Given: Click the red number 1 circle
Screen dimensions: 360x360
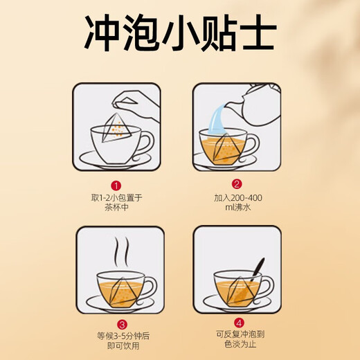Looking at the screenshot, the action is pos(116,186).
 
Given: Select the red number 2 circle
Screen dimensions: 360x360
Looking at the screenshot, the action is pos(237,184).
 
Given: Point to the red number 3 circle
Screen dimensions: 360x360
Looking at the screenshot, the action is pos(122,325).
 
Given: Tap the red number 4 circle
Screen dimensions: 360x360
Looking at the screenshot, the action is pos(239,323).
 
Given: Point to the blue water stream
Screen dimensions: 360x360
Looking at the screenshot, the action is pos(217,119).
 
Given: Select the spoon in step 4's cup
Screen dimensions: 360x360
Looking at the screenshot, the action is pos(257,269).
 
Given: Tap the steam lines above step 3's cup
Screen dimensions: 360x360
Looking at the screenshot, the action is pos(122,252).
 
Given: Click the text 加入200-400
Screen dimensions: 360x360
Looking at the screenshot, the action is pos(238,198).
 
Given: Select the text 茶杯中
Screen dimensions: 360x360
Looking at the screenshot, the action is pos(116,207).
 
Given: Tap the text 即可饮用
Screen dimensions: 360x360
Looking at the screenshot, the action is pos(123,345).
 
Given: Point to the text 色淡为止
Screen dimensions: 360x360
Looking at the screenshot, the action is pos(240,344).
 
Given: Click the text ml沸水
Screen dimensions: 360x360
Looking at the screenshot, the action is pos(238,207).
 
